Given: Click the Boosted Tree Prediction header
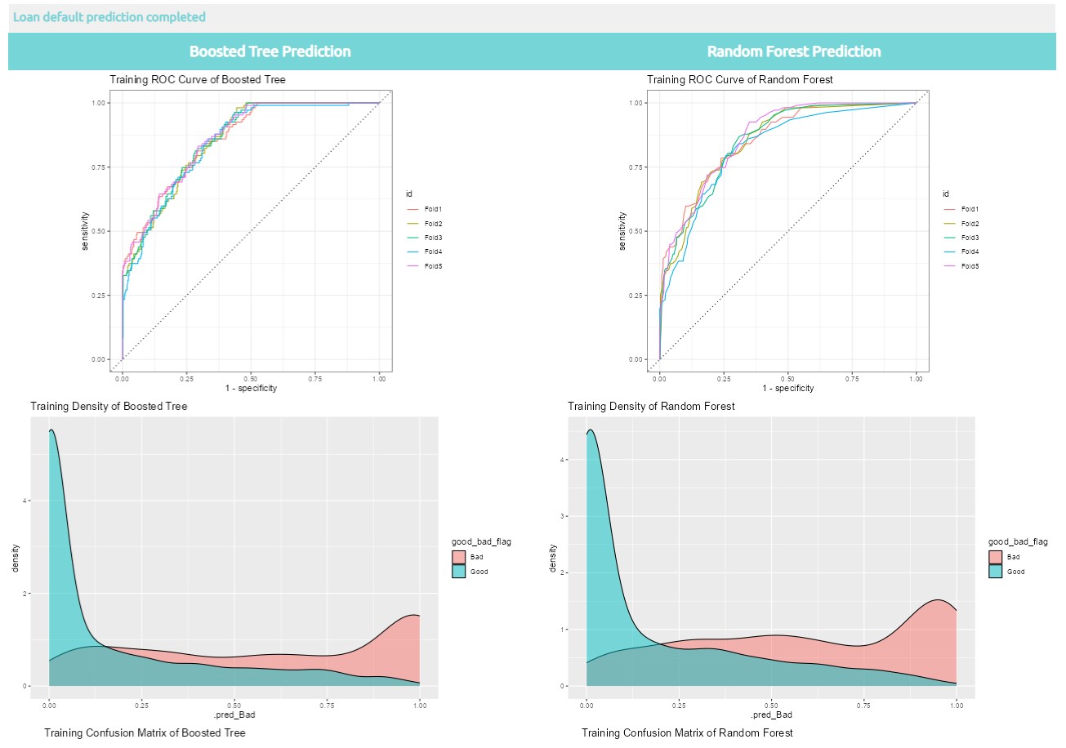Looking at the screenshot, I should click(x=270, y=51).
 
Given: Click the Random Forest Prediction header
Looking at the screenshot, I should click(x=793, y=51).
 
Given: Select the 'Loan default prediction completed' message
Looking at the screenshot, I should click(x=109, y=17).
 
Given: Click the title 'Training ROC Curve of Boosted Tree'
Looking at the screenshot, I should click(x=198, y=79).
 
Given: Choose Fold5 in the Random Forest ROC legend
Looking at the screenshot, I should click(x=970, y=266).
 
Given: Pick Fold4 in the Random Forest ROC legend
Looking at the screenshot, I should click(x=970, y=252).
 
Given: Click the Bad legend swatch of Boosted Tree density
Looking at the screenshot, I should click(x=459, y=557).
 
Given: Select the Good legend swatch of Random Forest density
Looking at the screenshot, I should click(x=996, y=572).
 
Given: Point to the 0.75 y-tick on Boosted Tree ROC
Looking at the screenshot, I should click(x=100, y=167).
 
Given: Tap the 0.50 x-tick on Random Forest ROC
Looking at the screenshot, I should click(x=787, y=379).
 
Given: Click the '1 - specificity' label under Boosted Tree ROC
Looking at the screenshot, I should click(x=251, y=389).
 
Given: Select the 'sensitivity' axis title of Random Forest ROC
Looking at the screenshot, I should click(x=623, y=231).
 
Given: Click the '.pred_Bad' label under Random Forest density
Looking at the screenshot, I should click(x=771, y=716).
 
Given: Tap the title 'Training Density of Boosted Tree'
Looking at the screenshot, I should click(x=109, y=406).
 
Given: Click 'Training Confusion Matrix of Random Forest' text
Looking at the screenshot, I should click(x=687, y=733).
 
